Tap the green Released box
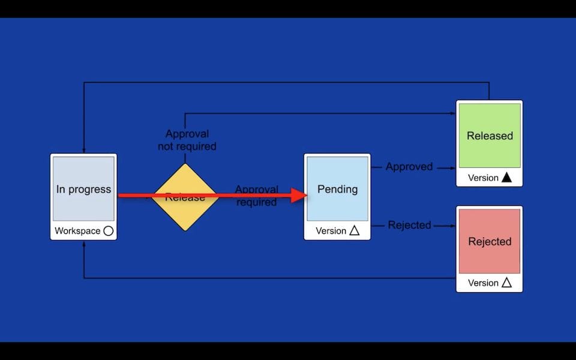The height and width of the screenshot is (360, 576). click(x=490, y=136)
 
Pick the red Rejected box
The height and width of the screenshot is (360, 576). click(x=490, y=241)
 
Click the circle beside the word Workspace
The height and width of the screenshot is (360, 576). click(x=109, y=230)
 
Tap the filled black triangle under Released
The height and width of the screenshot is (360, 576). click(x=506, y=177)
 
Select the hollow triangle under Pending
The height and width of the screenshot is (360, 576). click(x=354, y=230)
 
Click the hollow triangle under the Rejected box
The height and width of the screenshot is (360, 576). click(x=506, y=283)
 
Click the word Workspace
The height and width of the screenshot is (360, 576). click(x=77, y=230)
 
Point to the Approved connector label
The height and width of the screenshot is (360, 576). click(x=409, y=167)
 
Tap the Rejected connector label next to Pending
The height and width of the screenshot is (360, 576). click(x=409, y=225)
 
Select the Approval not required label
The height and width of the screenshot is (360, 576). click(x=187, y=140)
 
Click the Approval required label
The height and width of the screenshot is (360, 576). click(x=256, y=196)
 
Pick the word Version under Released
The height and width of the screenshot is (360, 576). click(x=483, y=178)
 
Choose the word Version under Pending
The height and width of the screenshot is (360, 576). click(x=331, y=230)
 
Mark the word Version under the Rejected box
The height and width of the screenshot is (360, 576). click(x=483, y=283)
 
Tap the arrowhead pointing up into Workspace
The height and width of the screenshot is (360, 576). click(x=83, y=244)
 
